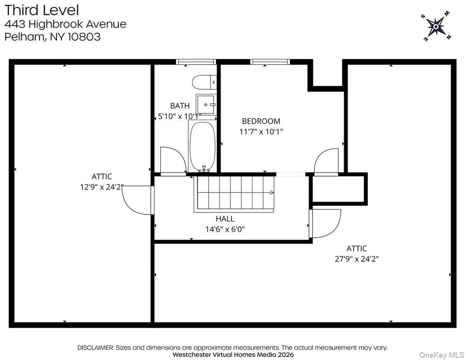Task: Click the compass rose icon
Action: point(435,28)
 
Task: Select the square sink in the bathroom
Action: point(206,104)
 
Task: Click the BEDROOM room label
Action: point(261,121)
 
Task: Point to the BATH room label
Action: point(180,106)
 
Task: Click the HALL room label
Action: point(225,219)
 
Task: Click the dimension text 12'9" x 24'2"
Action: point(102,187)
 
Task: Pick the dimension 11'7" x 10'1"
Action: point(261,132)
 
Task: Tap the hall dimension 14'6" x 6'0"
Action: point(225,229)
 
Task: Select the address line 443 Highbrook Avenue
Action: point(65,24)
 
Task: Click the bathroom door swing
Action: point(171,160)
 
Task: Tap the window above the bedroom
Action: point(270,62)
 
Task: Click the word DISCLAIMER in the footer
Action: point(96,347)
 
